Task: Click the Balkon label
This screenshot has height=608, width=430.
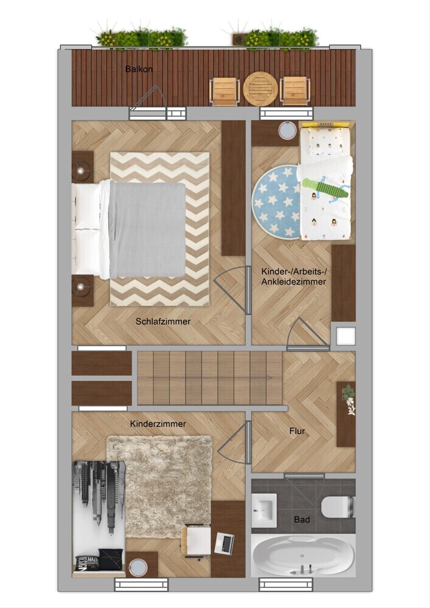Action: point(139,69)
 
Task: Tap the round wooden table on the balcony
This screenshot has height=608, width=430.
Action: point(260,88)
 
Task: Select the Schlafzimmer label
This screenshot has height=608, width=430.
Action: point(163,322)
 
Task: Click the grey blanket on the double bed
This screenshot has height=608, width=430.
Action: point(147,229)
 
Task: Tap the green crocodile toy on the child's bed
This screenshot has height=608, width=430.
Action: point(325,189)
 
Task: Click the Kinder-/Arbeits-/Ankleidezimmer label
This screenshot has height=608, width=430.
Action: point(294,277)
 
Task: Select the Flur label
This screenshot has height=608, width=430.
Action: point(297,431)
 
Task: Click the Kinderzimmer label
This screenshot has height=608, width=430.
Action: point(158,424)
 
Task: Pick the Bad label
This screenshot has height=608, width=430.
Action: point(302,519)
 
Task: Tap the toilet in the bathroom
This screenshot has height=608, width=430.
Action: point(338,507)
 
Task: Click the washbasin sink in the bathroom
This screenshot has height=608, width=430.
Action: point(264,507)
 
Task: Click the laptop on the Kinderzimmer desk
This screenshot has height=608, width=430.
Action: point(224,542)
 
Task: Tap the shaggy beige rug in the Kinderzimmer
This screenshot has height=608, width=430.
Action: point(160,486)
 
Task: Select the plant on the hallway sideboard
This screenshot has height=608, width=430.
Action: point(350,400)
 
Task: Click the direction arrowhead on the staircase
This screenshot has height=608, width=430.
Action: point(269,378)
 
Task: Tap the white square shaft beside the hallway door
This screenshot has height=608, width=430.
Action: point(345,336)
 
